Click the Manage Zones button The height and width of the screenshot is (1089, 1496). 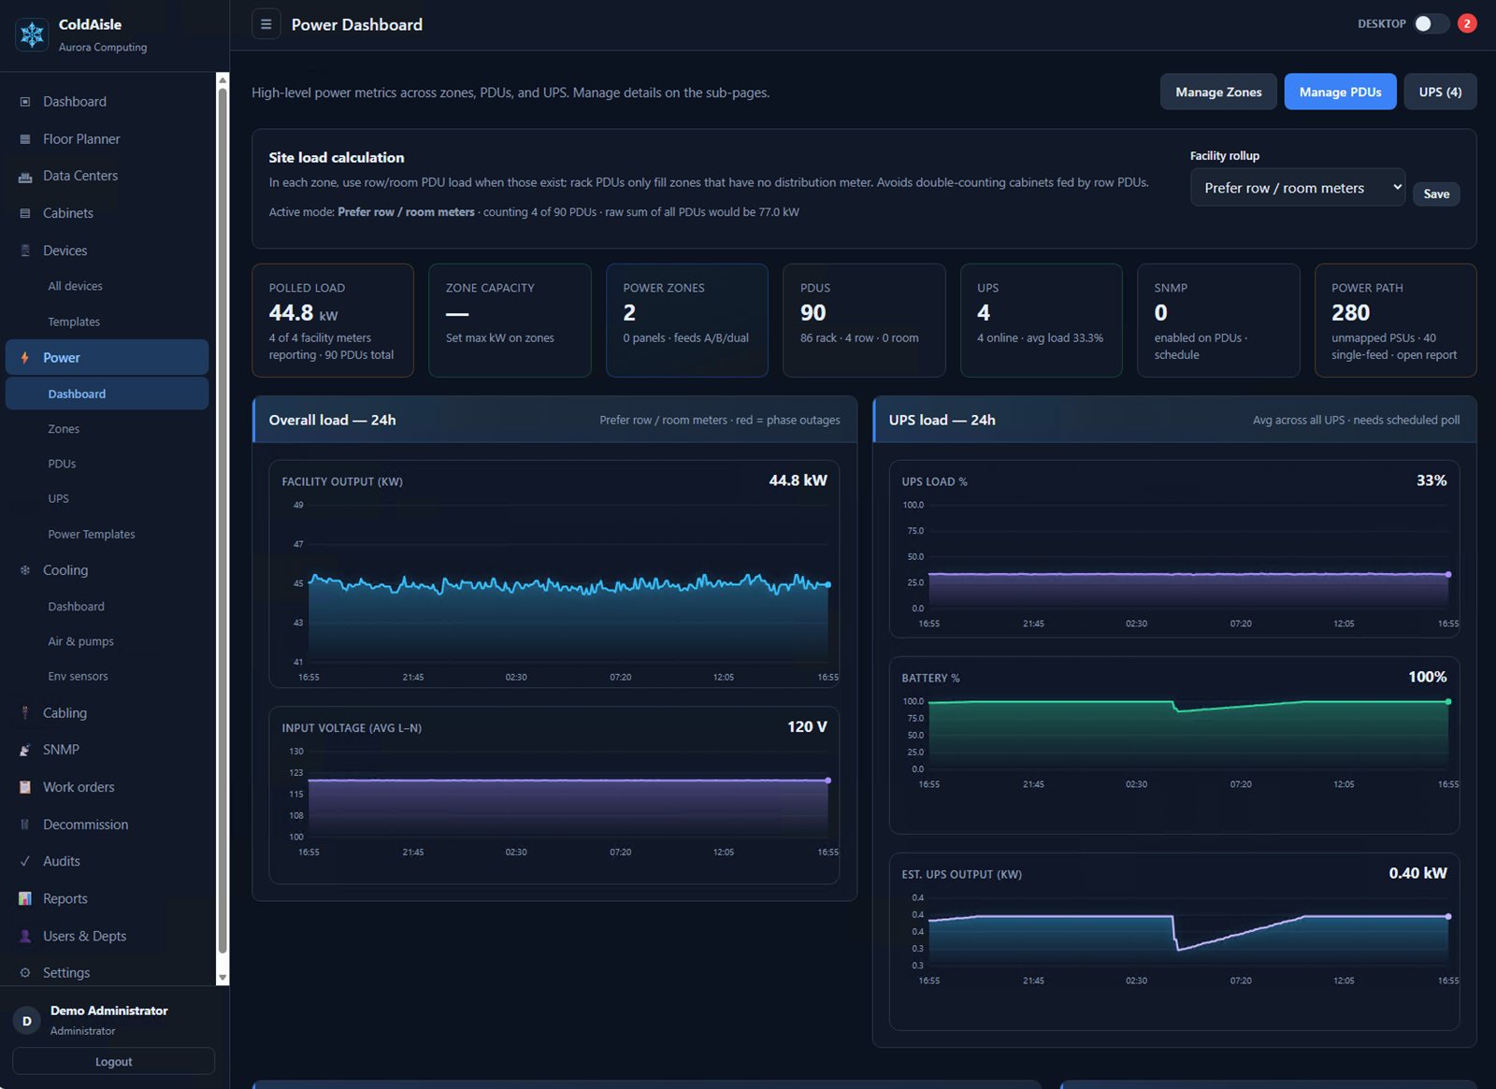pyautogui.click(x=1218, y=93)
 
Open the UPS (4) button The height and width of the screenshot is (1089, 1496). pyautogui.click(x=1440, y=93)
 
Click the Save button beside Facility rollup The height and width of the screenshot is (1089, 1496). pyautogui.click(x=1436, y=193)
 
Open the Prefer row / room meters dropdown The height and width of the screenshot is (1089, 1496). pyautogui.click(x=1298, y=188)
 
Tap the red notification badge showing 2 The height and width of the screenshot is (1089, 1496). pyautogui.click(x=1467, y=24)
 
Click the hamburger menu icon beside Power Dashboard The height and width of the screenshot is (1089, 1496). pyautogui.click(x=266, y=24)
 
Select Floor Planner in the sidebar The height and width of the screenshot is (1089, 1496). pyautogui.click(x=81, y=139)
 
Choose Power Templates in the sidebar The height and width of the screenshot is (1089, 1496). pyautogui.click(x=92, y=534)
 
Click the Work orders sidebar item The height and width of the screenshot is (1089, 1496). pyautogui.click(x=79, y=787)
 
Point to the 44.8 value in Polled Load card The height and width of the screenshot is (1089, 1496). pyautogui.click(x=291, y=312)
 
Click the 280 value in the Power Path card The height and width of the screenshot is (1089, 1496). pyautogui.click(x=1350, y=312)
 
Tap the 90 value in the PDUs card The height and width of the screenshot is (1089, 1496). pyautogui.click(x=813, y=312)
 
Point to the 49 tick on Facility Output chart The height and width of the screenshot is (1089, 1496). pyautogui.click(x=298, y=505)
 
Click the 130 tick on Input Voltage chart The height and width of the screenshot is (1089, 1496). pyautogui.click(x=296, y=752)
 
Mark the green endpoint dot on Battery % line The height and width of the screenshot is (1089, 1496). pyautogui.click(x=1448, y=702)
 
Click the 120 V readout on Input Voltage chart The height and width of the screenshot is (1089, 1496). pyautogui.click(x=807, y=726)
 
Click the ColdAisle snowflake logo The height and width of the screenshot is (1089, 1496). pyautogui.click(x=32, y=35)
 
